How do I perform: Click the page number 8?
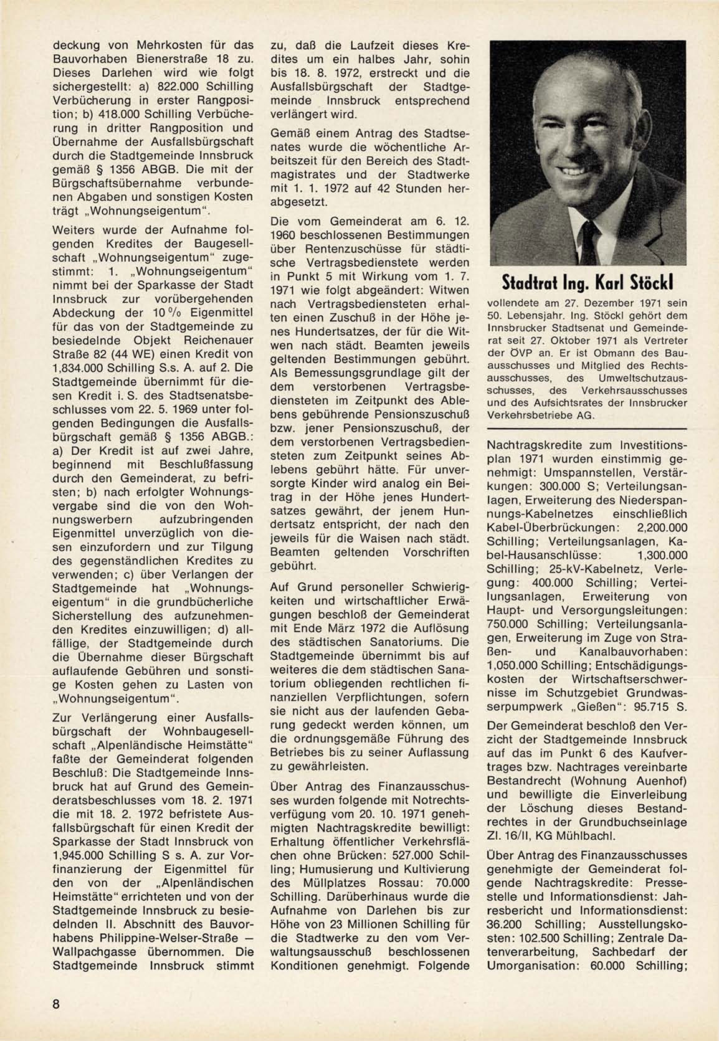click(x=56, y=1004)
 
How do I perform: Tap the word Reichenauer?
click(x=215, y=340)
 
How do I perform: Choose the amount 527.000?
click(x=404, y=855)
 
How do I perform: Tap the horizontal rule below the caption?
click(x=587, y=429)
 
